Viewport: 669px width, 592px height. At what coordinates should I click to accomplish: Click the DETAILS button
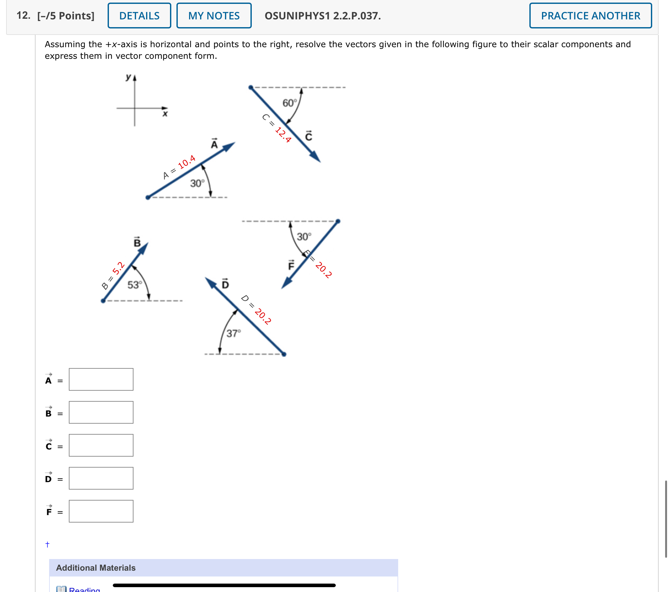click(x=139, y=16)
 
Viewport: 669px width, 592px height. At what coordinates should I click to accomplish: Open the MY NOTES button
click(x=214, y=16)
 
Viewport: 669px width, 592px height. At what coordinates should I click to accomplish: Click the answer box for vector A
click(x=101, y=379)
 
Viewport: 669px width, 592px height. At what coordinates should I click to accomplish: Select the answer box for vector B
click(x=101, y=412)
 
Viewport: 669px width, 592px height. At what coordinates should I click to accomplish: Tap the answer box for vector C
click(x=101, y=445)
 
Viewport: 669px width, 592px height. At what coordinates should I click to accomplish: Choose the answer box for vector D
click(x=101, y=478)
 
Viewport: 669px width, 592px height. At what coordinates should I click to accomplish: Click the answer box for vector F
click(x=101, y=511)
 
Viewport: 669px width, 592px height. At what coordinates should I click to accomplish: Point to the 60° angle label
click(x=290, y=103)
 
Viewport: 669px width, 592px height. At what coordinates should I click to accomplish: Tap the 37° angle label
click(x=233, y=333)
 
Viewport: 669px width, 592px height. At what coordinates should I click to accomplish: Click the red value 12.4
click(x=283, y=134)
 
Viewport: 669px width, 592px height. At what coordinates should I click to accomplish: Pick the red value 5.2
click(x=118, y=268)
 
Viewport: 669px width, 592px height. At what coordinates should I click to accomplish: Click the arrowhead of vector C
click(x=315, y=157)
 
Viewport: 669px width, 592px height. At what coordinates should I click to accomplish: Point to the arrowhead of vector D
click(x=210, y=282)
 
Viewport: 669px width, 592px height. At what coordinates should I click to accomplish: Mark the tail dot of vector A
click(x=148, y=197)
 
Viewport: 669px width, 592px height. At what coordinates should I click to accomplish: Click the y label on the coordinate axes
click(x=128, y=77)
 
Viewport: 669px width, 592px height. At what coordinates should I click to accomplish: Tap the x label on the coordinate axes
click(x=165, y=114)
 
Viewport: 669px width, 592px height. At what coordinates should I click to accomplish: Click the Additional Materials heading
click(x=96, y=568)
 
